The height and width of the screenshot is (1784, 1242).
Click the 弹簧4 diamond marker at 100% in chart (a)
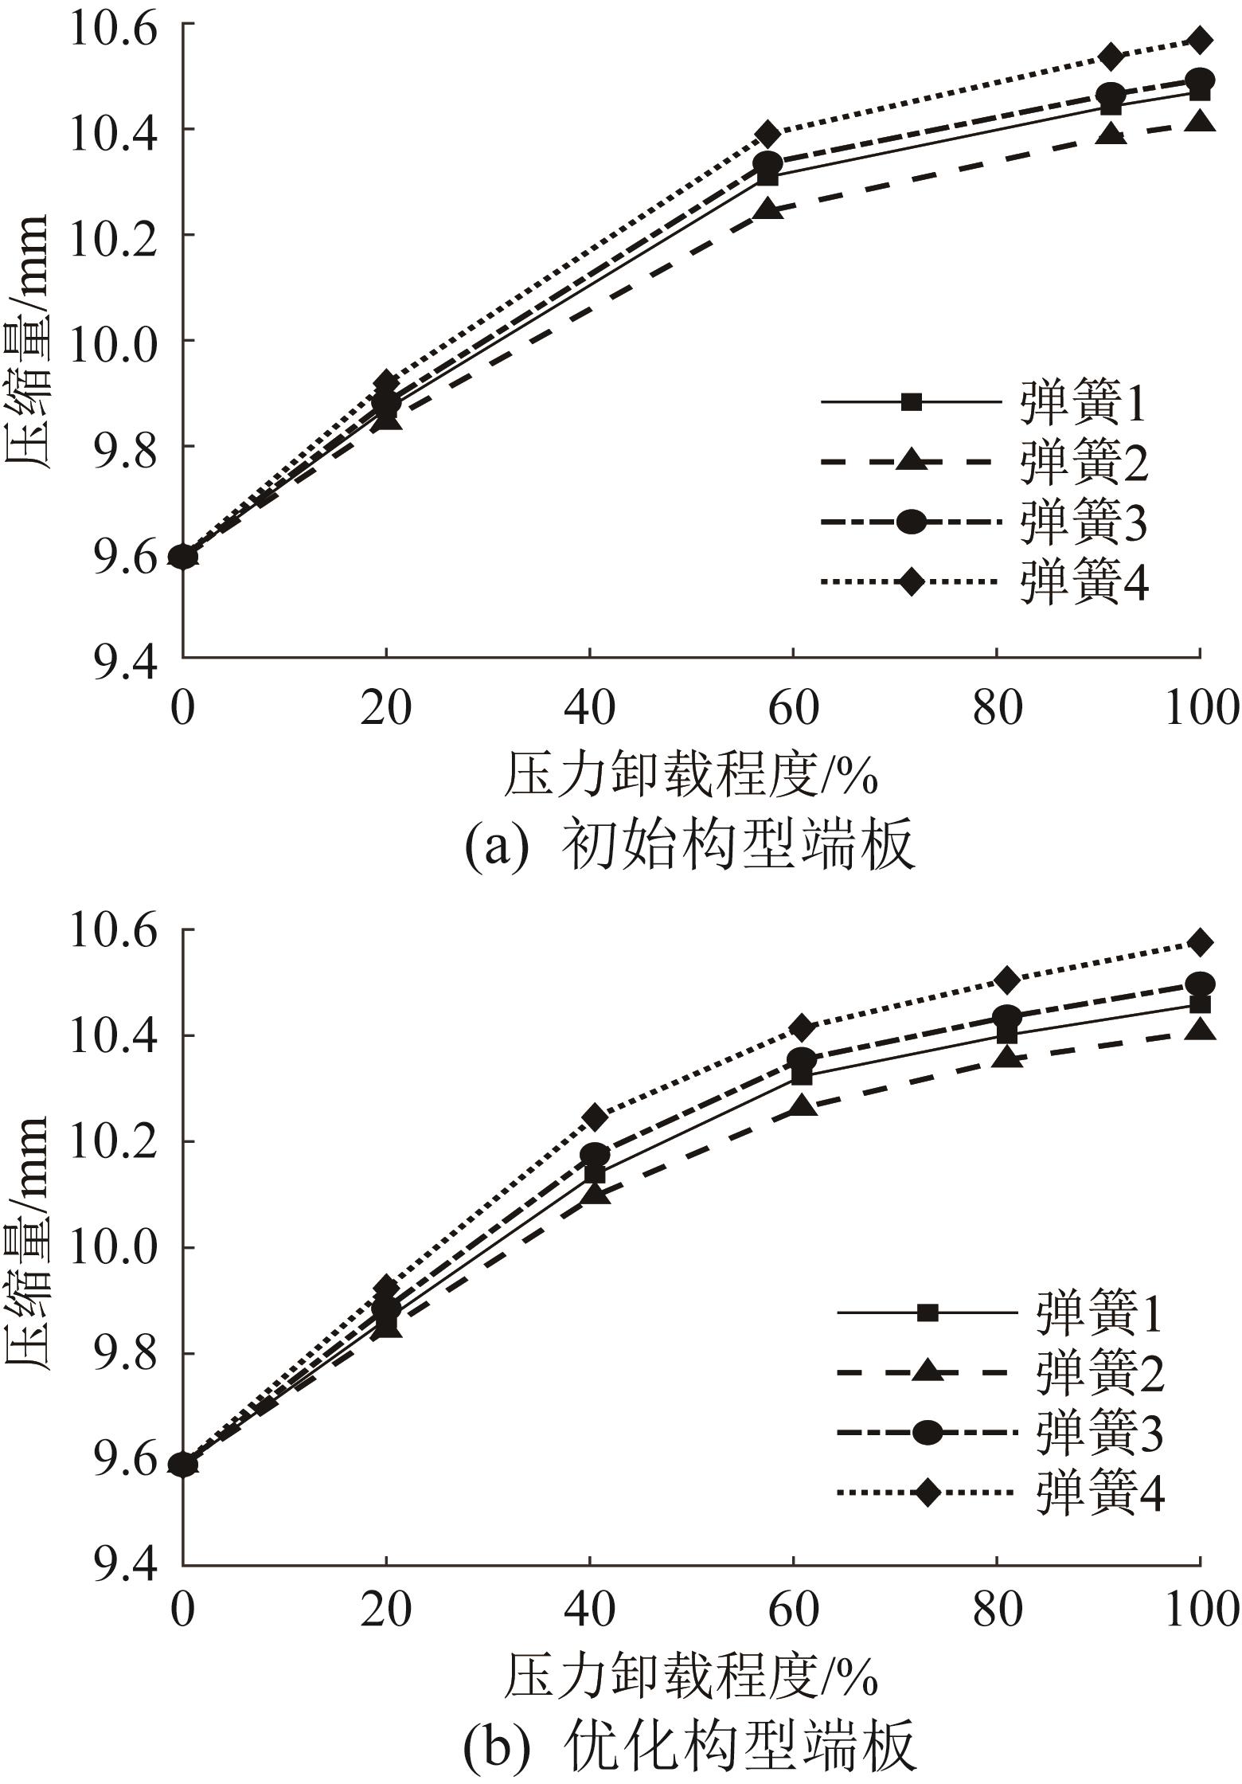(1199, 39)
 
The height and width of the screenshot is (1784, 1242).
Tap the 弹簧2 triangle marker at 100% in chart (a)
(1199, 123)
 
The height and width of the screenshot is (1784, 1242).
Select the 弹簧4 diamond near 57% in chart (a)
(767, 132)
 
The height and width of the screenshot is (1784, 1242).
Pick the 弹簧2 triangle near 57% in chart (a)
(767, 210)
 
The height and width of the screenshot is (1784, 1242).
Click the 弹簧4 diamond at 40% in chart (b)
(595, 1117)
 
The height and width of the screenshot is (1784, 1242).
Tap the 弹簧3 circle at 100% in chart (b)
(1199, 984)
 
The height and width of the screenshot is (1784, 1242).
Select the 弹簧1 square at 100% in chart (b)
(1199, 1004)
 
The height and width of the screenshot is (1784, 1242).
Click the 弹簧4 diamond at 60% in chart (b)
(802, 1027)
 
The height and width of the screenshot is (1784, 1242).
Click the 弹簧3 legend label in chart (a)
(1084, 523)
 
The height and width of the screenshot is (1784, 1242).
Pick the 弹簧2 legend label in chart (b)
(1099, 1372)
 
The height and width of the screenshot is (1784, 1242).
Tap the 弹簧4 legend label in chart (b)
(1099, 1493)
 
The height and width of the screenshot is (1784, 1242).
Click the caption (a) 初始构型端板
(689, 846)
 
